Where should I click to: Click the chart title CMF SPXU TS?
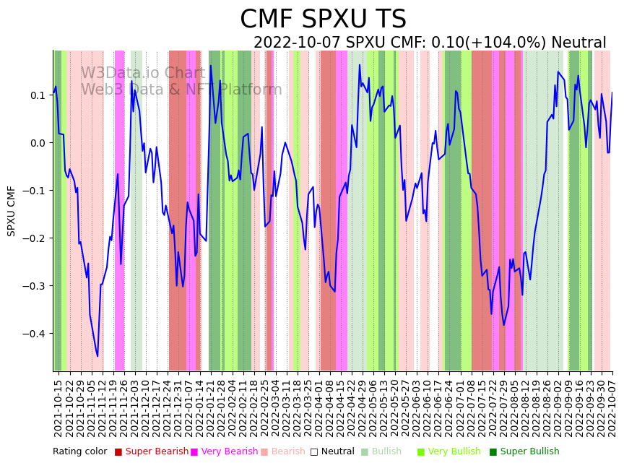click(x=323, y=20)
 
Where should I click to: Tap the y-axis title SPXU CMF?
click(x=12, y=211)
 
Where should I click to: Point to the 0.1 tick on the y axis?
click(x=38, y=95)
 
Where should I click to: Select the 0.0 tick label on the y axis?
click(x=38, y=143)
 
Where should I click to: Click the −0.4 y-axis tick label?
click(x=35, y=334)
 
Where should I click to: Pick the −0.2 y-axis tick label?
click(x=35, y=238)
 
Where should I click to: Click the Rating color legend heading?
click(x=79, y=452)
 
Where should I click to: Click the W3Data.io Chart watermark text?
click(x=142, y=73)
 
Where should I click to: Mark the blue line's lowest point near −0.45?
click(x=97, y=356)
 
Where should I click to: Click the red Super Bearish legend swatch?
click(x=118, y=452)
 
